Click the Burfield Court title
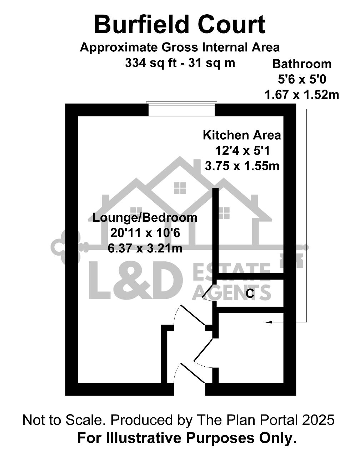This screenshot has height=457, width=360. (x=180, y=24)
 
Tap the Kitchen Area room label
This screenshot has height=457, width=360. (x=242, y=135)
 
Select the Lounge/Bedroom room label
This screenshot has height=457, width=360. (x=145, y=218)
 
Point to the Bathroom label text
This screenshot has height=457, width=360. (x=302, y=64)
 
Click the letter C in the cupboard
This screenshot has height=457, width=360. (x=250, y=294)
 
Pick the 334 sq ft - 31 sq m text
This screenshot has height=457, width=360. (x=180, y=63)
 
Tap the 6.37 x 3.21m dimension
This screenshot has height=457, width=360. (x=145, y=248)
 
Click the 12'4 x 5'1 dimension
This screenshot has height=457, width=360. (x=242, y=151)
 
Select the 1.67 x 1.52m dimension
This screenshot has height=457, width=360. (x=301, y=95)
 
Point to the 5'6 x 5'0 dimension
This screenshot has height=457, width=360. (x=302, y=79)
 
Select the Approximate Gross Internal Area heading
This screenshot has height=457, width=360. (x=180, y=47)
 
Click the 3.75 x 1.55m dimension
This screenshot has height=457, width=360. (x=242, y=166)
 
